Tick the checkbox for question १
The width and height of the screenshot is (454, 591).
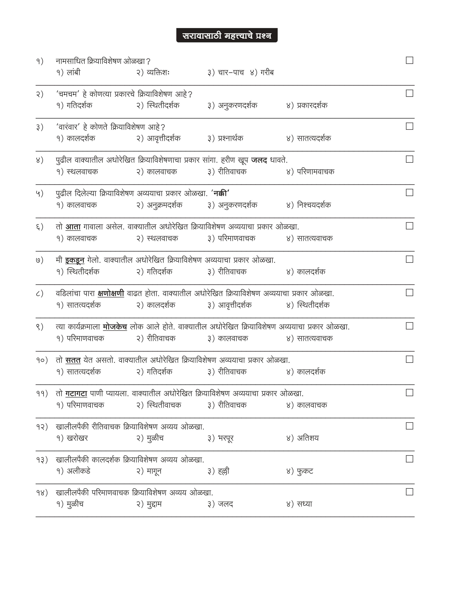(x=409, y=60)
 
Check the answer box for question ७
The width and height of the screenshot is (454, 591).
(x=409, y=259)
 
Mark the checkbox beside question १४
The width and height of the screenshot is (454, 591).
(x=409, y=492)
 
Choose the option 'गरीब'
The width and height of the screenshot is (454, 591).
(x=267, y=73)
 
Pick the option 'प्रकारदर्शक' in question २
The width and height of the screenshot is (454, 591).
(x=312, y=105)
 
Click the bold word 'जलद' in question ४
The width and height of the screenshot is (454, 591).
(x=259, y=160)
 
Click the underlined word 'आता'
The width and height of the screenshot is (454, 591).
(x=73, y=227)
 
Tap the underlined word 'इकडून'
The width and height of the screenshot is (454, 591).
(x=75, y=260)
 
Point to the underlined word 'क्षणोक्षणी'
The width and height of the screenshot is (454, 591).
(x=111, y=293)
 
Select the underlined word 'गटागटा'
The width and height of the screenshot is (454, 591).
(x=76, y=394)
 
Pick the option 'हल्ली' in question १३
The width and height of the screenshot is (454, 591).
(x=223, y=471)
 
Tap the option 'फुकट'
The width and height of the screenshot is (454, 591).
(x=305, y=471)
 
